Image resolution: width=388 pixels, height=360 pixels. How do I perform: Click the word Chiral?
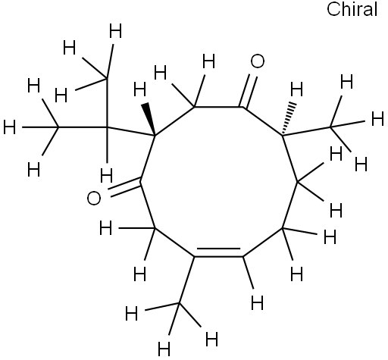tap(352, 9)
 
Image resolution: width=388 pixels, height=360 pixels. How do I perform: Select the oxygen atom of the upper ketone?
tap(258, 61)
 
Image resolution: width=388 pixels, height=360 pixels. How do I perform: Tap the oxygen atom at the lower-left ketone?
tap(94, 199)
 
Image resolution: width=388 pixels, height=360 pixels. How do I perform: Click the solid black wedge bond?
tap(150, 119)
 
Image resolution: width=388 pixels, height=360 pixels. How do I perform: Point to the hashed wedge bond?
tap(287, 119)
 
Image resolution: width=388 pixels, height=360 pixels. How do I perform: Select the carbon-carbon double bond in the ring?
tap(218, 253)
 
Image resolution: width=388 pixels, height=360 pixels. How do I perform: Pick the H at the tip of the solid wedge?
tap(139, 90)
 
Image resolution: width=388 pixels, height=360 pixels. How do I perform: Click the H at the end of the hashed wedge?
tap(296, 89)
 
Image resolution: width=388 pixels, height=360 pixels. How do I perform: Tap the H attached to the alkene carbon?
tap(257, 302)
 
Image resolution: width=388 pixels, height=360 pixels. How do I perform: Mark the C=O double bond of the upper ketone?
tap(249, 90)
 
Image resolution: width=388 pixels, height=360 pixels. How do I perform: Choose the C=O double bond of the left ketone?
tap(124, 188)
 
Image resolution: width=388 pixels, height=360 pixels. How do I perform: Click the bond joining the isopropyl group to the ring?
tap(131, 131)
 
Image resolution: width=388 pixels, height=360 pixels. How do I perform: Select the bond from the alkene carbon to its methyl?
tap(187, 280)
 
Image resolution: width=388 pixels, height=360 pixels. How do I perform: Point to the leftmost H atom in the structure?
tap(10, 127)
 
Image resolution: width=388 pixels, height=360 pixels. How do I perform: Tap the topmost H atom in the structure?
tap(115, 31)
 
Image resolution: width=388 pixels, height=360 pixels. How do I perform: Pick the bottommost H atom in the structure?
tap(164, 349)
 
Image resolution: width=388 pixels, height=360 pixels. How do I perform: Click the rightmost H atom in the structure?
tap(377, 119)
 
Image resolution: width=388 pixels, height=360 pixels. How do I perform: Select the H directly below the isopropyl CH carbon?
tap(106, 176)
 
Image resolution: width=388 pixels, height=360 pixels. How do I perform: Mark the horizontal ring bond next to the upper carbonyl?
tap(218, 107)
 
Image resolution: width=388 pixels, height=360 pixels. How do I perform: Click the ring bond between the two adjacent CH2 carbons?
tap(290, 205)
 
